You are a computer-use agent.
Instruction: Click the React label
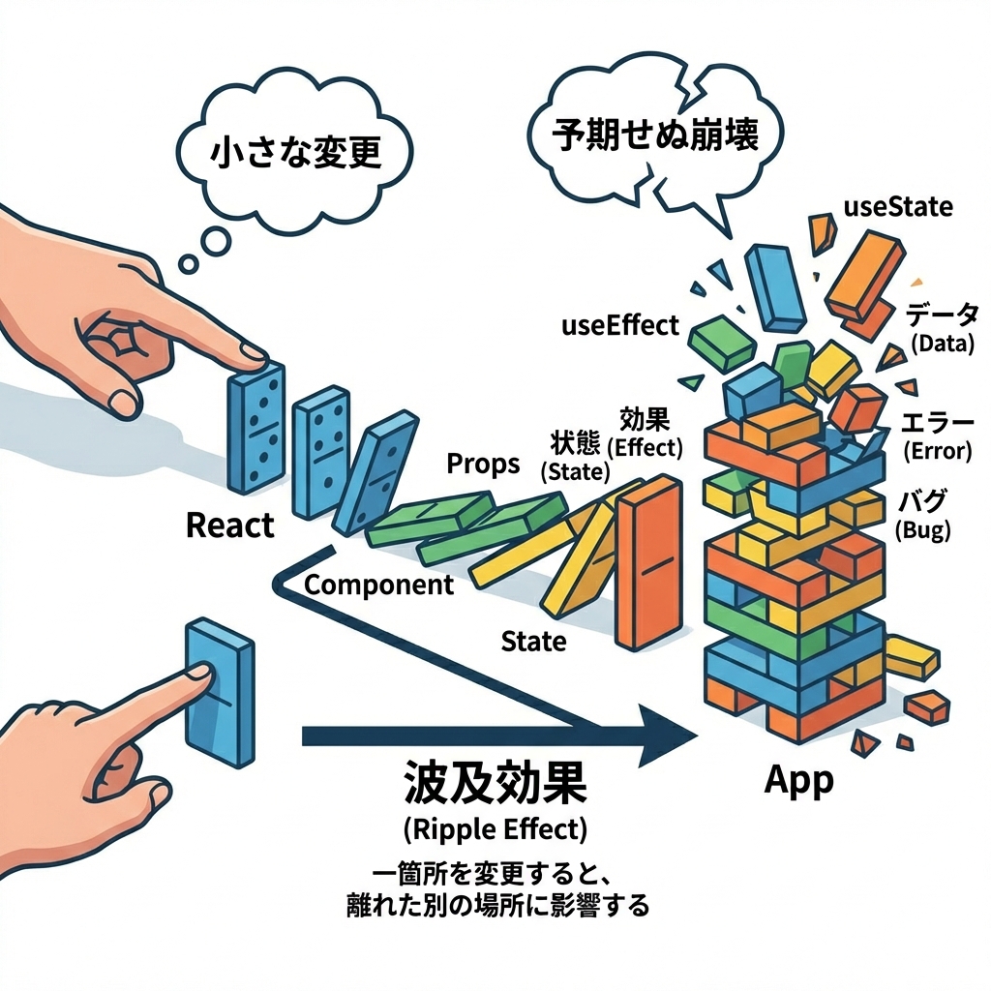(x=229, y=526)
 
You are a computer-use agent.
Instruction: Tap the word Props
(x=483, y=464)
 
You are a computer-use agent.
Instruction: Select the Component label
(x=378, y=585)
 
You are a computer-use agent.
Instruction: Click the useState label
(x=898, y=207)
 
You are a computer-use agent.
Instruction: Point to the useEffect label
(x=620, y=326)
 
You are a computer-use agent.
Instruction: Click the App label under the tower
(x=798, y=780)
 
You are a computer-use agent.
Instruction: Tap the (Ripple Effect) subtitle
(x=494, y=830)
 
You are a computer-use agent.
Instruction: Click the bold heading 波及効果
(x=494, y=786)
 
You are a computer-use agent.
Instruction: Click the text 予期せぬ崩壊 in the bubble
(x=656, y=135)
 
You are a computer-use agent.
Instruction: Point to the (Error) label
(x=935, y=451)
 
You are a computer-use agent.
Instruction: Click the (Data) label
(x=942, y=343)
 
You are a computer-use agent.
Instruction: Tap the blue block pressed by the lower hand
(x=219, y=692)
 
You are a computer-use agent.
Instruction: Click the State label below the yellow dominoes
(x=534, y=641)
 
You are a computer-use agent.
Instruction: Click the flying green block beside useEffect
(x=725, y=339)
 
